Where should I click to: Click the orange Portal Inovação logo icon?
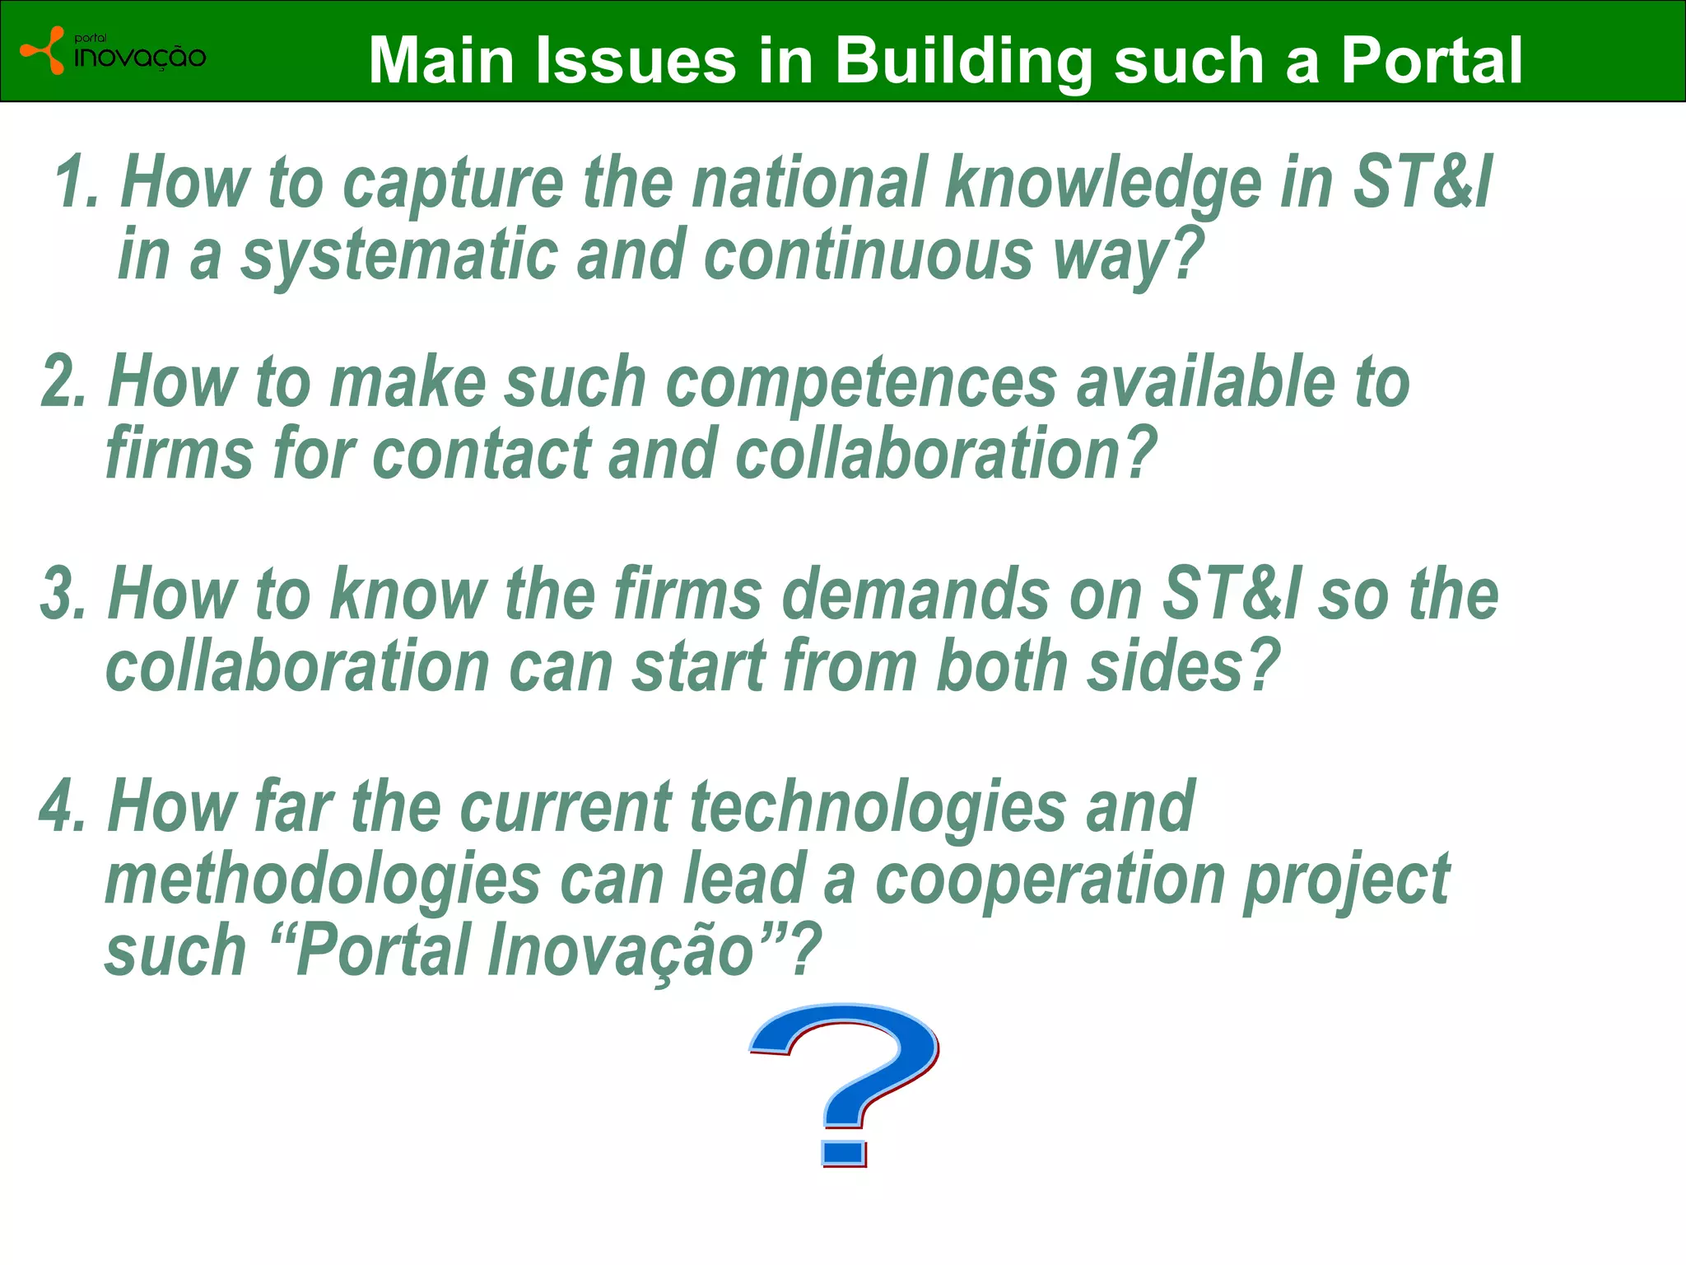pyautogui.click(x=43, y=50)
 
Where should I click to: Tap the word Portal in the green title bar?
pyautogui.click(x=1432, y=60)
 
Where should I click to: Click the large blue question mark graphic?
pyautogui.click(x=844, y=1085)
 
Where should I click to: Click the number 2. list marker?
pyautogui.click(x=63, y=380)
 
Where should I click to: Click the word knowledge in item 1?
pyautogui.click(x=1103, y=186)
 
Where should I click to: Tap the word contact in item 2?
pyautogui.click(x=481, y=454)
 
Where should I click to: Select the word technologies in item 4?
pyautogui.click(x=878, y=810)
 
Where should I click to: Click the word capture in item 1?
pyautogui.click(x=453, y=186)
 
